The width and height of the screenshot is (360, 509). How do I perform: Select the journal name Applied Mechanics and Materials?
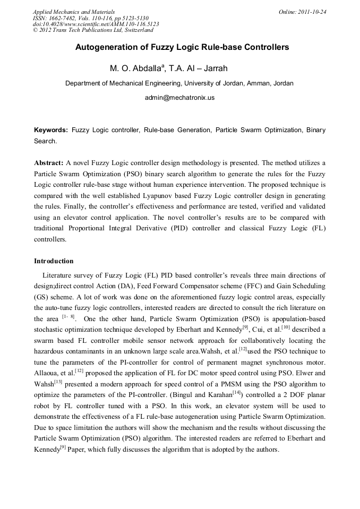click(x=73, y=12)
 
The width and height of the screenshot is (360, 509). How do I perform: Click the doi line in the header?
click(x=96, y=24)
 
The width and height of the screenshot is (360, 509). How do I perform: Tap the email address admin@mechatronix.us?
click(x=179, y=98)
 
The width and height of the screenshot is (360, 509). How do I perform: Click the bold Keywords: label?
click(x=51, y=130)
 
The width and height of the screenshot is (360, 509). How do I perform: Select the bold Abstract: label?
click(x=49, y=163)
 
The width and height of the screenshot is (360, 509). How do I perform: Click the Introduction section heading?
click(x=54, y=261)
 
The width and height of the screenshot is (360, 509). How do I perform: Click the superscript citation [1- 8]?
click(x=68, y=317)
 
